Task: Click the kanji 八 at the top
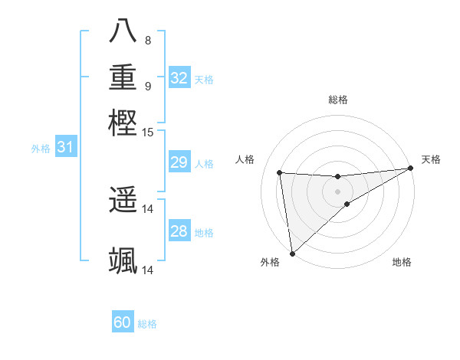(123, 31)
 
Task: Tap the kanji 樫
(123, 123)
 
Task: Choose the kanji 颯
(123, 260)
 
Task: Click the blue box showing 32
(179, 78)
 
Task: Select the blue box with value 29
(179, 162)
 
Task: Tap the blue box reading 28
(179, 231)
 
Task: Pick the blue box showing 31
(65, 147)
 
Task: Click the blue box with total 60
(123, 322)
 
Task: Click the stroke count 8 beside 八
(147, 41)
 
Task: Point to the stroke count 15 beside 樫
(148, 133)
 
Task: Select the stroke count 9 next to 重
(148, 87)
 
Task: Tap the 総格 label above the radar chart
(338, 100)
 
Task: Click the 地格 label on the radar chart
(402, 262)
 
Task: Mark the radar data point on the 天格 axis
(411, 169)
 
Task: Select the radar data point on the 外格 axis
(292, 254)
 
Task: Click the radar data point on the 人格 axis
(280, 172)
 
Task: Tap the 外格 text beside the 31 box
(40, 149)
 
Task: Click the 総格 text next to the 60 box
(147, 324)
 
